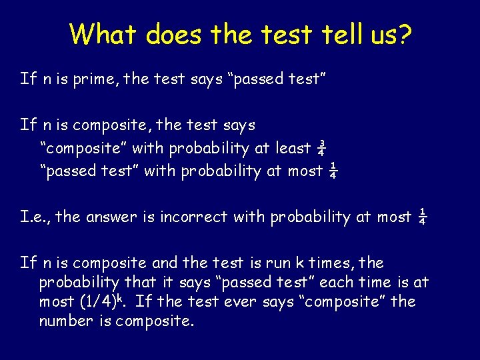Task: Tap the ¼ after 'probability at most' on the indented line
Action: tap(333, 171)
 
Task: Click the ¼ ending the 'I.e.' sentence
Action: tap(422, 217)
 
